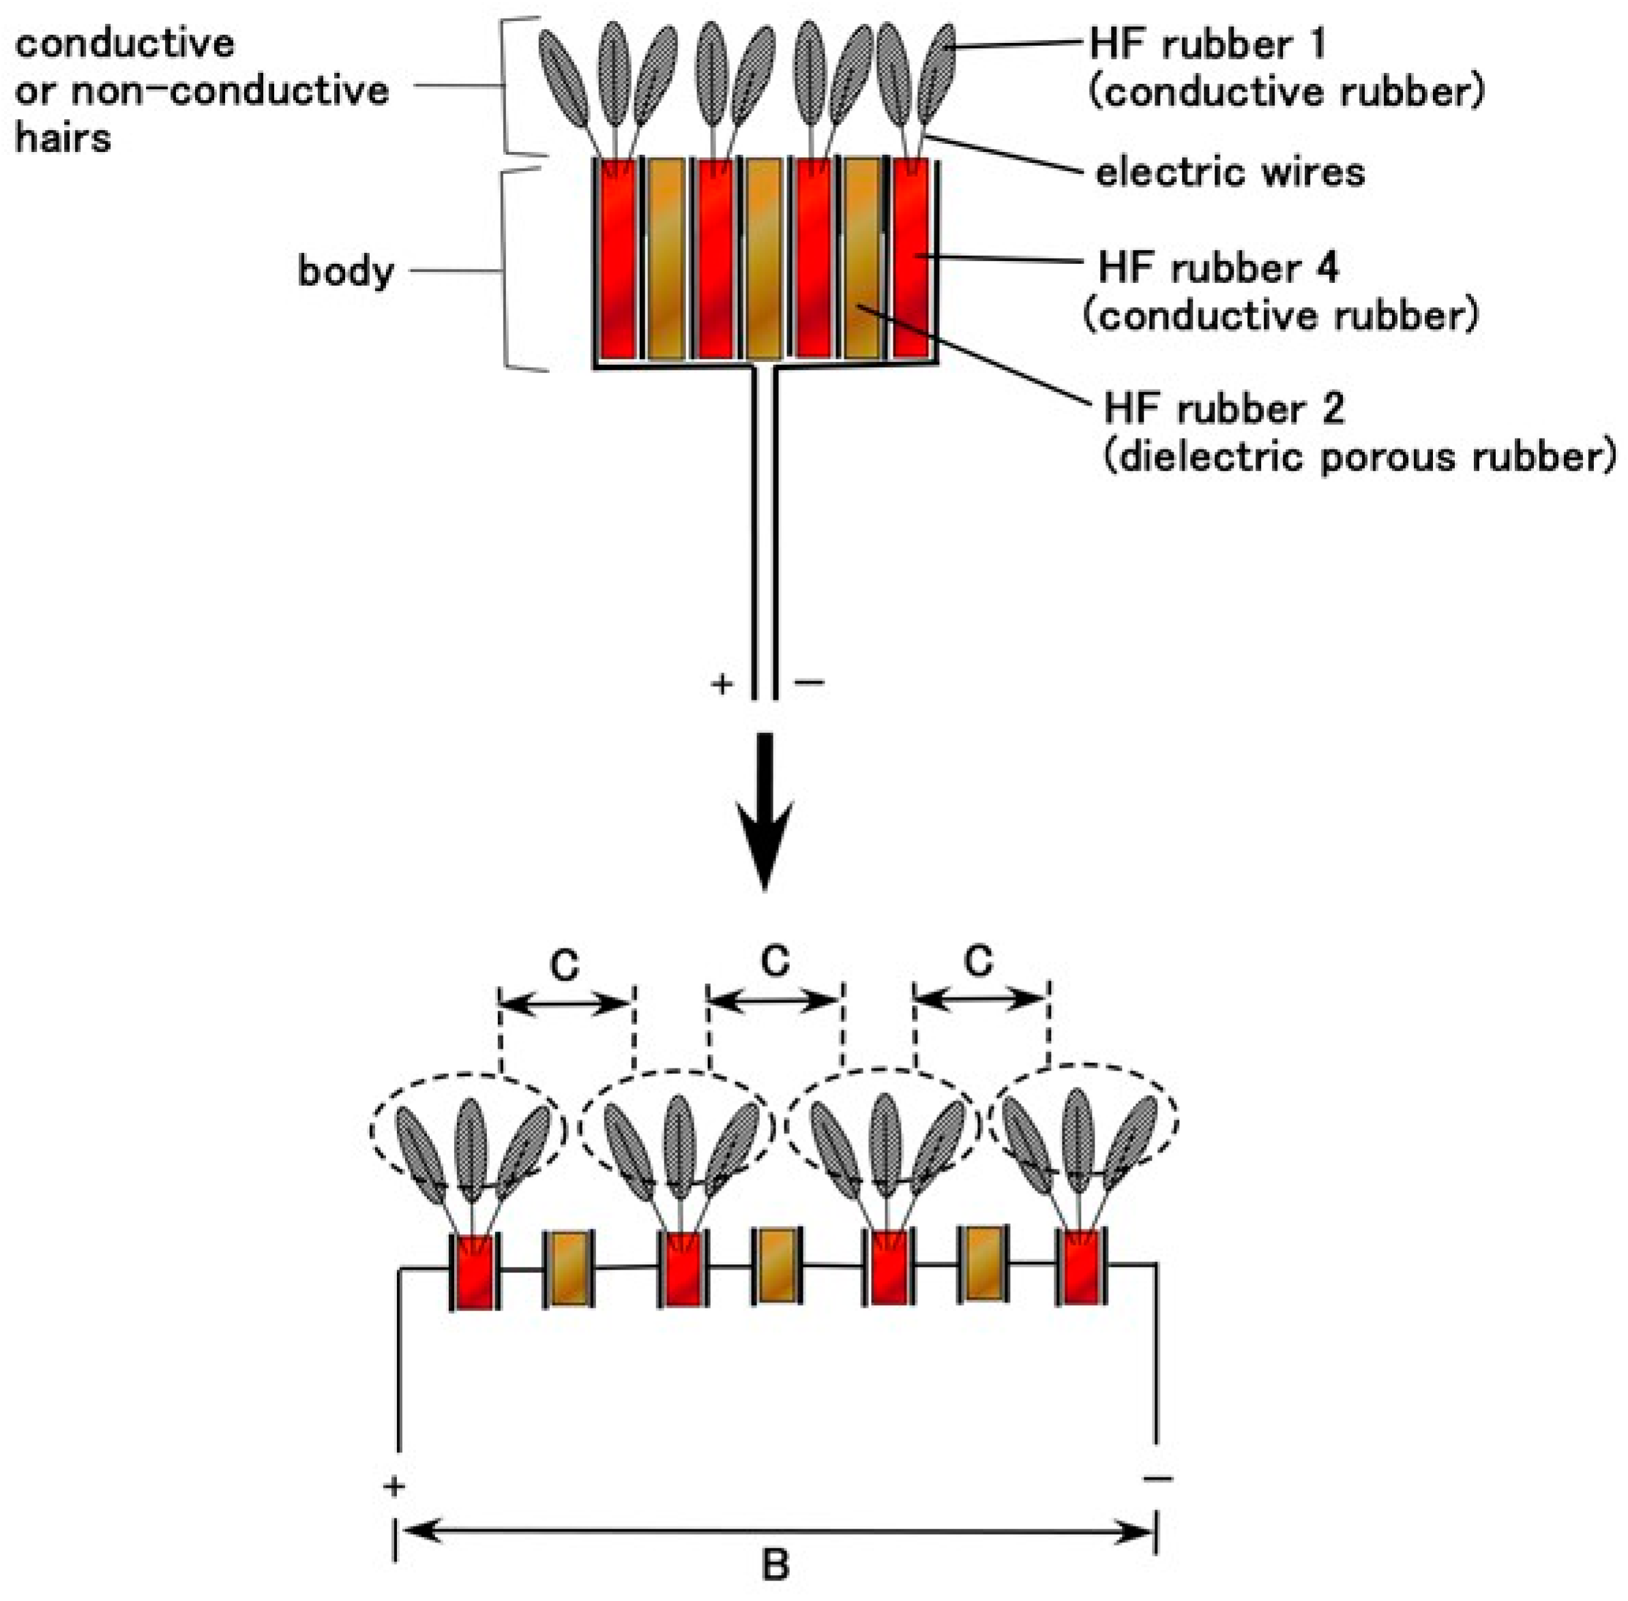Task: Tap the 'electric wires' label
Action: [x=1230, y=173]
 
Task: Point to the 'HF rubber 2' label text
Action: [x=1224, y=410]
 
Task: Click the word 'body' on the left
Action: [x=346, y=271]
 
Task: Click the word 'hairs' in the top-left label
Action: [x=63, y=138]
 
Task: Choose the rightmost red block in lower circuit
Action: [x=1082, y=1267]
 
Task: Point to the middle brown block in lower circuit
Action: [x=775, y=1266]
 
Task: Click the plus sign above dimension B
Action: [x=394, y=1486]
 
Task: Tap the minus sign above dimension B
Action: [x=1159, y=1478]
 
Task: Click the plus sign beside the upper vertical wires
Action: [x=722, y=685]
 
